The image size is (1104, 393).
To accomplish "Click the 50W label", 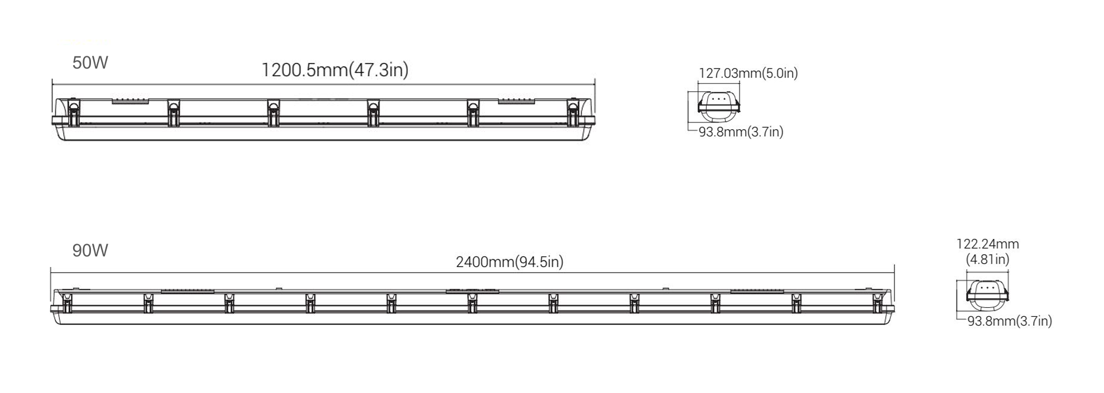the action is (x=90, y=62).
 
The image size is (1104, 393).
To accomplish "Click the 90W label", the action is (x=90, y=250).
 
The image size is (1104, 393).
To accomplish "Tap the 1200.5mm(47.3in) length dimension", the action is (x=335, y=70).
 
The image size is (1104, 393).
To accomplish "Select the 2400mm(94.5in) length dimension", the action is (x=510, y=261).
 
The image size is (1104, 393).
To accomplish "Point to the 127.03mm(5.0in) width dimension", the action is (x=748, y=73).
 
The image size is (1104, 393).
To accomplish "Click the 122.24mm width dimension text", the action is (x=987, y=244).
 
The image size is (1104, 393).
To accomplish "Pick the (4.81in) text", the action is (x=987, y=259).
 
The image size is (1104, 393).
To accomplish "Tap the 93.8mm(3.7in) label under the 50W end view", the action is (x=741, y=132).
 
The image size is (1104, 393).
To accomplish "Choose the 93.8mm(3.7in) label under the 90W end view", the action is (x=1009, y=321).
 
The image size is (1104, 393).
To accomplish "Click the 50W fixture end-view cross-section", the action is (x=719, y=106).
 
